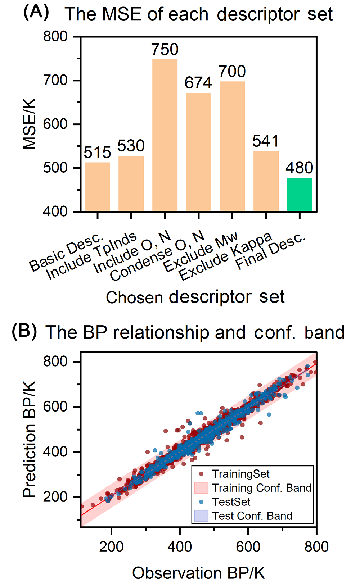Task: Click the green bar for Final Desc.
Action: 300,194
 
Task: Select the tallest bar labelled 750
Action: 165,135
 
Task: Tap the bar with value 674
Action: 198,152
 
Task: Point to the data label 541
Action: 266,141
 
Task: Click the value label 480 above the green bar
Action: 300,168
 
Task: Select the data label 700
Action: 232,71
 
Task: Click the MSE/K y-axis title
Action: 30,124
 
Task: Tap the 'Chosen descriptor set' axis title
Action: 195,297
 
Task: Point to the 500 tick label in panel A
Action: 55,168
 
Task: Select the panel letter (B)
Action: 24,331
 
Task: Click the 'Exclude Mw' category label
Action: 201,251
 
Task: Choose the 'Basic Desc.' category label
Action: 67,253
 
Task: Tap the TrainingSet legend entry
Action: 240,474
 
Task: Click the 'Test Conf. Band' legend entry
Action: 252,516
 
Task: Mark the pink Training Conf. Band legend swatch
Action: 201,488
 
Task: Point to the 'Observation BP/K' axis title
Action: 198,573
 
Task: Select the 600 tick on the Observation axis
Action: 248,547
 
